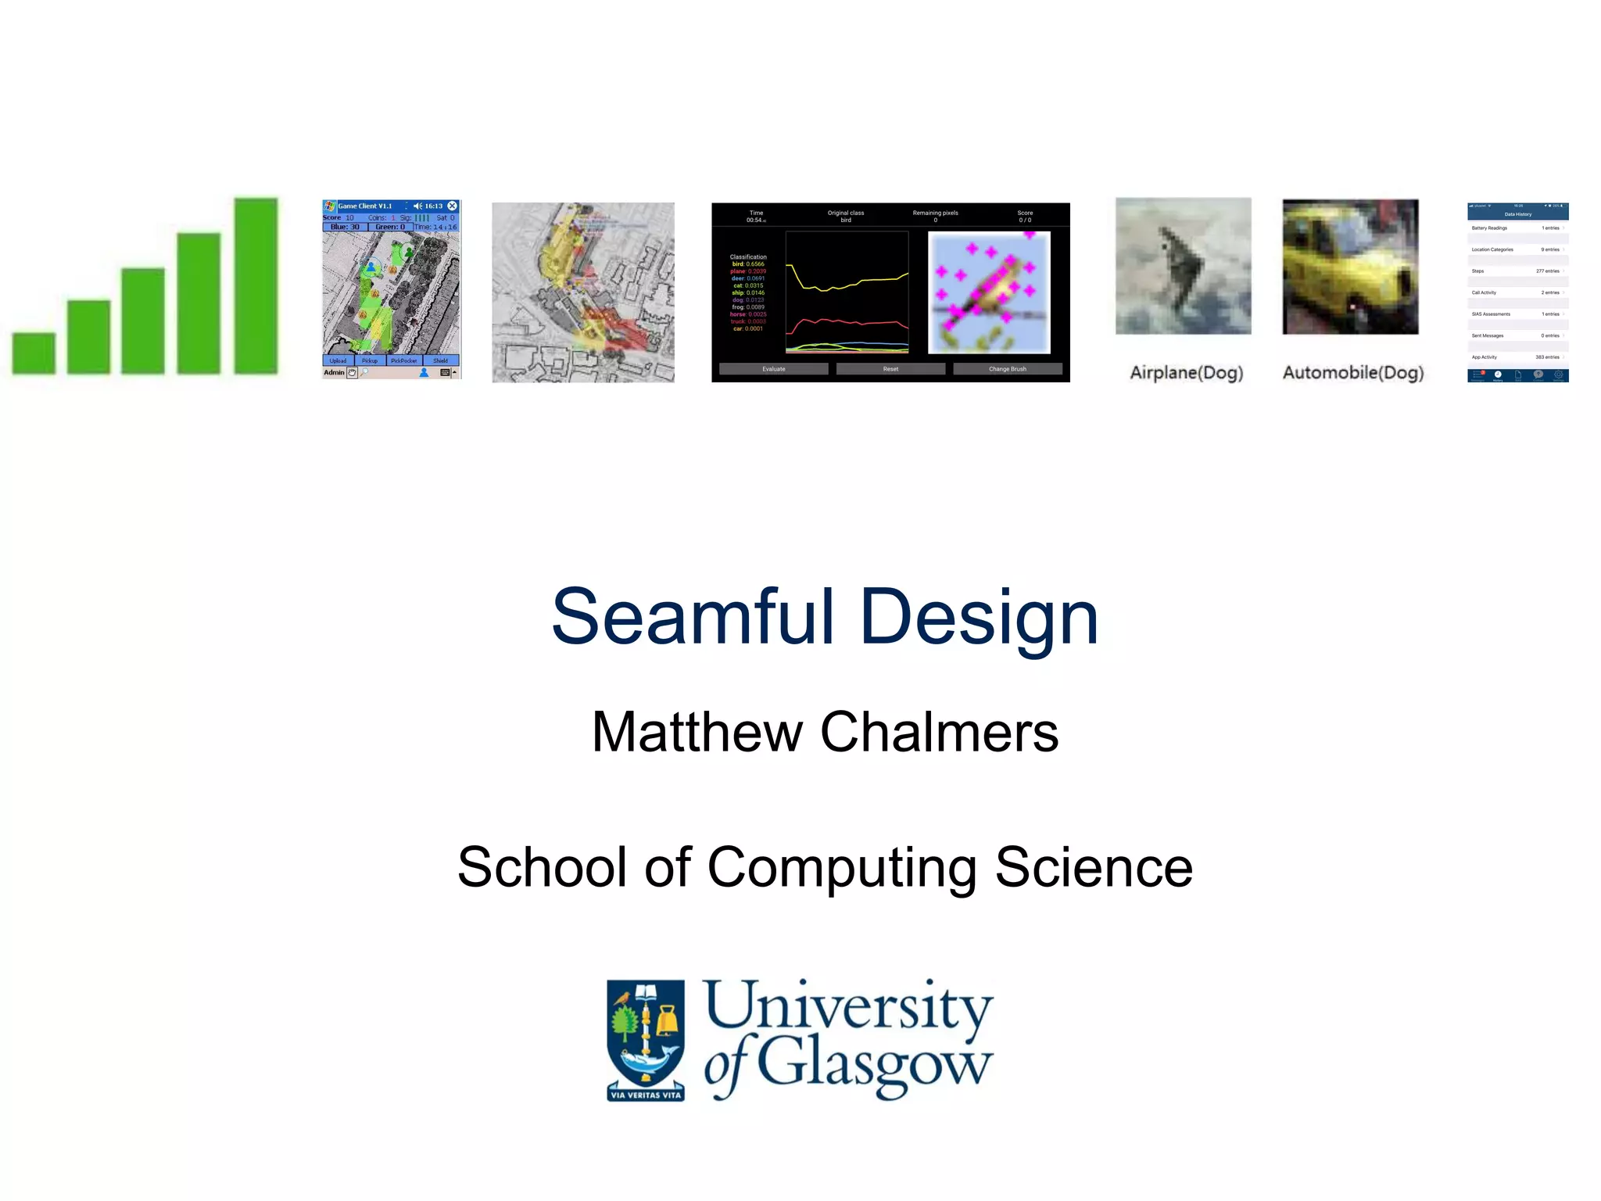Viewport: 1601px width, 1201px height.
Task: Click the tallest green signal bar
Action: point(256,285)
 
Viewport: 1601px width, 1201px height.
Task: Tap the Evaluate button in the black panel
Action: point(773,368)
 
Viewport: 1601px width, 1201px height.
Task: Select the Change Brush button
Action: point(1007,368)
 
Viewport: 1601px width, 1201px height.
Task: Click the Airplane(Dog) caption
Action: point(1186,373)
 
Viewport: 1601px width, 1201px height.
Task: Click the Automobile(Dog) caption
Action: point(1352,373)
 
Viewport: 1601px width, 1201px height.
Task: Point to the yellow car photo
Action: point(1350,267)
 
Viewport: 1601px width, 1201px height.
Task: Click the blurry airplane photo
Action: point(1183,266)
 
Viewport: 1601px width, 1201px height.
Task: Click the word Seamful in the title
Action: point(693,618)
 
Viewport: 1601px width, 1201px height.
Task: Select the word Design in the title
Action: point(979,618)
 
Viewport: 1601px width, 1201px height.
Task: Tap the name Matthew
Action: point(697,732)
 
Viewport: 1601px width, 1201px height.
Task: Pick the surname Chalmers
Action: point(939,732)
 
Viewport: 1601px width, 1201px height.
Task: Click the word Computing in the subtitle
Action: point(842,868)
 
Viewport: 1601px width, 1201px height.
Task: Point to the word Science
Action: point(1094,868)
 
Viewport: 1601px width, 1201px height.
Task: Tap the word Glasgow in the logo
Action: point(874,1065)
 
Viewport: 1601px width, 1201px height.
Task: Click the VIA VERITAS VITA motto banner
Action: point(646,1095)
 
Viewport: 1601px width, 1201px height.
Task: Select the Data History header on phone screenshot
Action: point(1517,214)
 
